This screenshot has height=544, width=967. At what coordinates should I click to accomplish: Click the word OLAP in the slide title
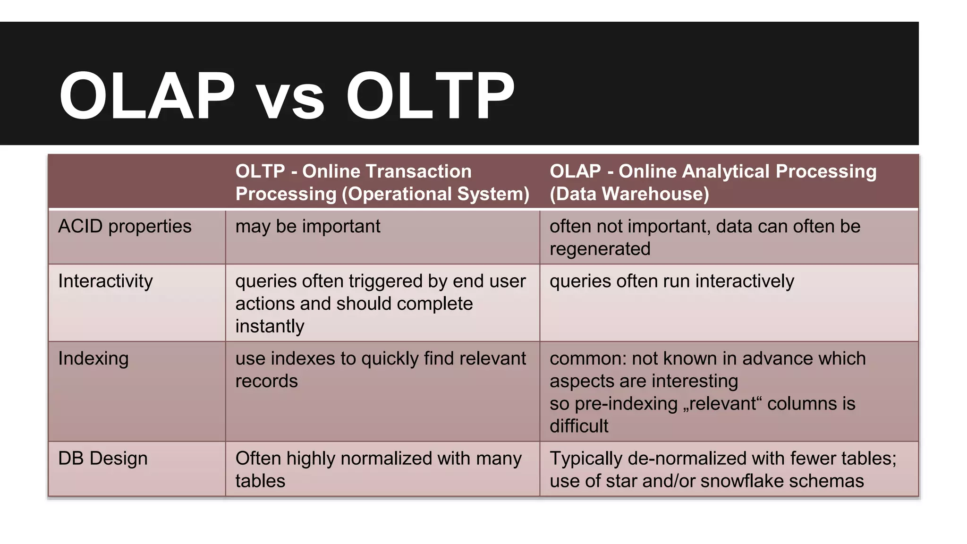[x=146, y=96]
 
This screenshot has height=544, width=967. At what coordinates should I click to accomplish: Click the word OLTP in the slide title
[x=430, y=96]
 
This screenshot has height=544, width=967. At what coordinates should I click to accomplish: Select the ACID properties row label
[x=125, y=227]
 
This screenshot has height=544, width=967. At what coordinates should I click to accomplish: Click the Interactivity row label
[x=105, y=281]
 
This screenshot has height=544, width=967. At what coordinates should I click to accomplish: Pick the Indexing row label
[x=93, y=359]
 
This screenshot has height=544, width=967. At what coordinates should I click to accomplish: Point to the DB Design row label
[x=102, y=459]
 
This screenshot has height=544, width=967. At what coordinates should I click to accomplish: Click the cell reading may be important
[x=307, y=227]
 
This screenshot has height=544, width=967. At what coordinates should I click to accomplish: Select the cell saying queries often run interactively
[x=671, y=281]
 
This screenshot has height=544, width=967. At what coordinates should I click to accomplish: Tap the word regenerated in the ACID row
[x=600, y=249]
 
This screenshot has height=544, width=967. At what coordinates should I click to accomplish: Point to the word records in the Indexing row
[x=266, y=382]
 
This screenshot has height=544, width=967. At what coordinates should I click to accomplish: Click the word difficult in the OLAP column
[x=579, y=426]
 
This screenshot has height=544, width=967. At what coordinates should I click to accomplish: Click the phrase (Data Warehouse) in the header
[x=629, y=194]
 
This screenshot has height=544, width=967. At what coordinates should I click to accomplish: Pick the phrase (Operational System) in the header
[x=435, y=194]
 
